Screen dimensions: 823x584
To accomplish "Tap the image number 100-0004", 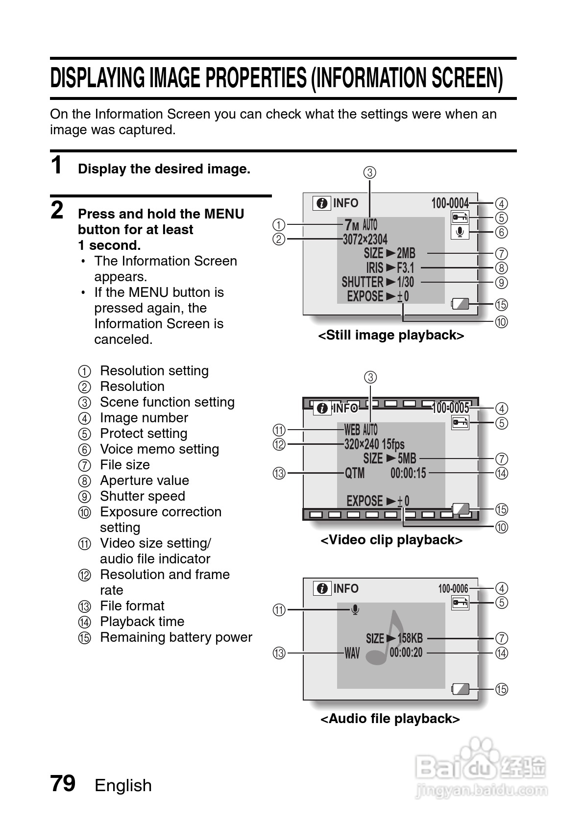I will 450,203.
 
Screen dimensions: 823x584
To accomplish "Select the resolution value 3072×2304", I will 365,239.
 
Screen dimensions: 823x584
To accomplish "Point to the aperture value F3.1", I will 405,267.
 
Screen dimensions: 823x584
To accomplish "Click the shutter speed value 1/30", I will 405,282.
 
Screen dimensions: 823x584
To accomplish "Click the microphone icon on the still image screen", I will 460,232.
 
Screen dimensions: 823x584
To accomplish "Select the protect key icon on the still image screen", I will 460,217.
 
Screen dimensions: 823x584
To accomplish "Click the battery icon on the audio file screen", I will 460,689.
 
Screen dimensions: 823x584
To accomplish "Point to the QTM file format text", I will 355,473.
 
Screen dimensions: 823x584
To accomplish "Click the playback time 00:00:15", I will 408,473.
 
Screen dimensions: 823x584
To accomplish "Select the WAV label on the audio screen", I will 352,653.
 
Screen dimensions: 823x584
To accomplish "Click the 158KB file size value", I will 410,638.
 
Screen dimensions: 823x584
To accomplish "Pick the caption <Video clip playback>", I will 391,540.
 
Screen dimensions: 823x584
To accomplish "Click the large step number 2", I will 57,211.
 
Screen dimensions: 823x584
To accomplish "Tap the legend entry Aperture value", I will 144,481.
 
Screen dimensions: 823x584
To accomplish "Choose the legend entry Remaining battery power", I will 176,637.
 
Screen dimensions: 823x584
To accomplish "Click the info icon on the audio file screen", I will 322,588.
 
